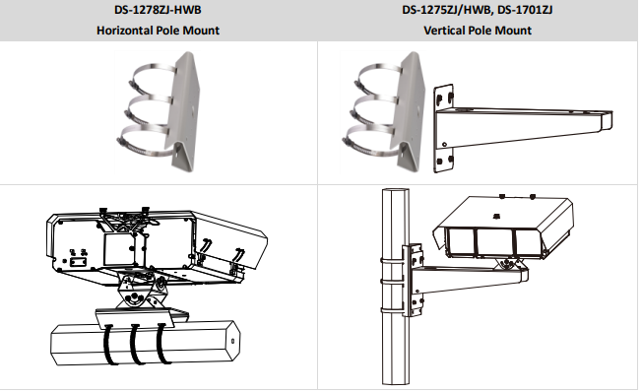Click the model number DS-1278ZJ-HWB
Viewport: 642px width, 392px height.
(x=158, y=10)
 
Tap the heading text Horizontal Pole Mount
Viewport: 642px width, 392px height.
(x=158, y=31)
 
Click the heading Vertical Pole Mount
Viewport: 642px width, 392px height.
(x=478, y=31)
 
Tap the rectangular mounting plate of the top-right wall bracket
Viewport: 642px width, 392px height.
(x=443, y=129)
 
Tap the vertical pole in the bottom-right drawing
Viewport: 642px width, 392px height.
(x=395, y=287)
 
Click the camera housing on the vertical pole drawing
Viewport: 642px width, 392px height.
(x=503, y=228)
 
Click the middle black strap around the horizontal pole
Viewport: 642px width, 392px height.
(x=136, y=344)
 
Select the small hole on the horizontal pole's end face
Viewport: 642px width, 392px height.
(x=233, y=341)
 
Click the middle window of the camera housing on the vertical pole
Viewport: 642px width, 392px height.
(x=494, y=242)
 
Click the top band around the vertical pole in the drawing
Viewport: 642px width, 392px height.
(x=392, y=260)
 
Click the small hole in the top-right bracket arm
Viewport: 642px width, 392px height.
(x=445, y=144)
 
